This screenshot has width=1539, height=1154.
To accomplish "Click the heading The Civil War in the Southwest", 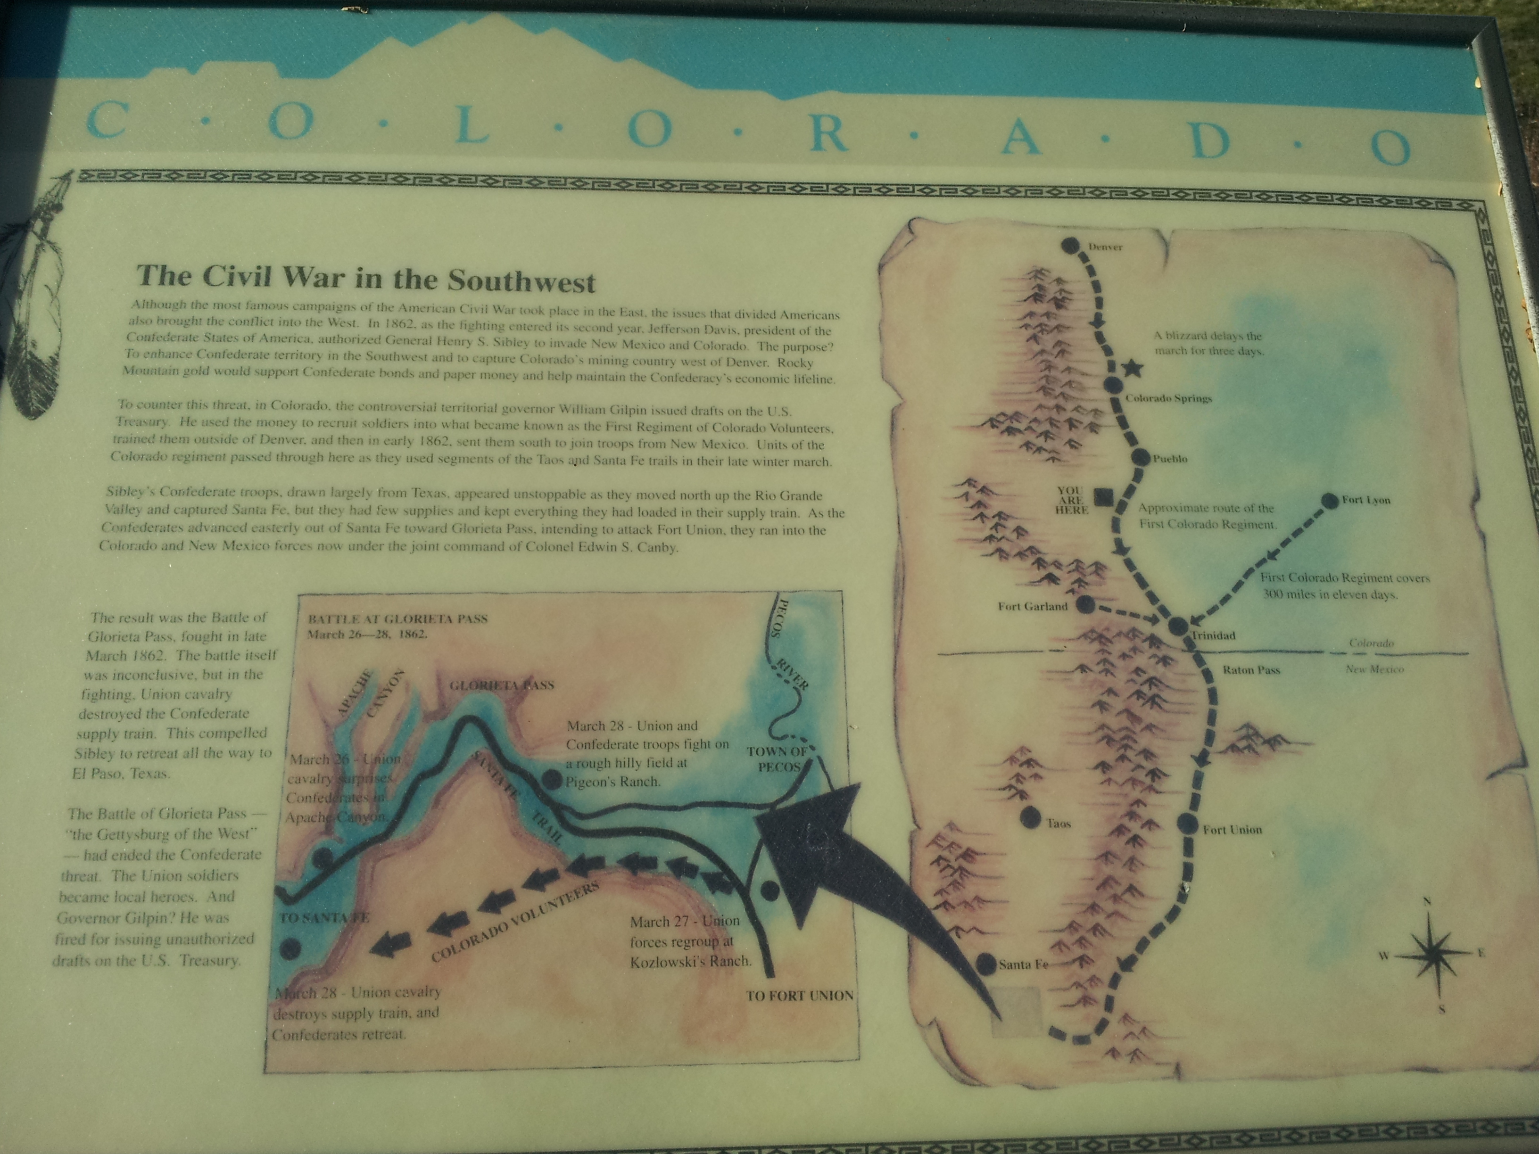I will point(365,278).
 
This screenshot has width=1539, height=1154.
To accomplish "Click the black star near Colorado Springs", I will point(1134,370).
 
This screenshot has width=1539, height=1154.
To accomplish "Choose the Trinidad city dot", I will point(1178,626).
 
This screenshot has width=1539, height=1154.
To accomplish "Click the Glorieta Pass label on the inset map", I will point(502,685).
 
